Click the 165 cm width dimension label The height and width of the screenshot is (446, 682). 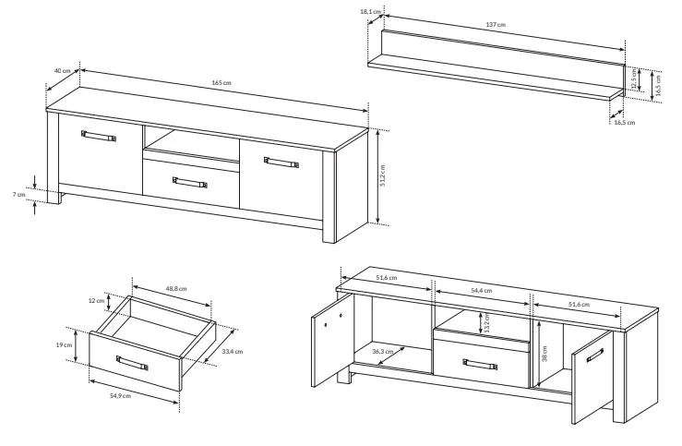pos(221,83)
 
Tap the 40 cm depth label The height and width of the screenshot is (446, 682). pos(62,71)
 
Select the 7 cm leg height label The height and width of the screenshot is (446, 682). pos(18,195)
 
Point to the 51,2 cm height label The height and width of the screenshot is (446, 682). pos(382,175)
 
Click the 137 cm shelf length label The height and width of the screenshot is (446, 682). pos(496,24)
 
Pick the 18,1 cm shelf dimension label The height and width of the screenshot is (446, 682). pos(371,12)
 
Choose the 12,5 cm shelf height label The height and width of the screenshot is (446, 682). pos(634,78)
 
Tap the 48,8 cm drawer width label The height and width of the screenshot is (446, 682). pos(176,288)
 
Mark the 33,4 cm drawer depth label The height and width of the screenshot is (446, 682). pos(233,352)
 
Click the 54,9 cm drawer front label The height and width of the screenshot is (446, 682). pos(120,395)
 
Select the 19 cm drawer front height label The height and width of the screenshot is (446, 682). pos(64,345)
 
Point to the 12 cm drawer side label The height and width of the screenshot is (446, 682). pos(96,300)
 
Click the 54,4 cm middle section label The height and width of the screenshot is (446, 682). pos(482,290)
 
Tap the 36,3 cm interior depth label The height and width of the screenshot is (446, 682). pos(383,351)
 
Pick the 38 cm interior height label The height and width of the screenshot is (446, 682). pos(544,353)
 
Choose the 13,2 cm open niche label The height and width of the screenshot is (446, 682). pos(487,323)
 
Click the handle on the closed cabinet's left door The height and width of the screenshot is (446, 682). pos(99,136)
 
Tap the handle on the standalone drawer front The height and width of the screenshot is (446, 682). pos(132,363)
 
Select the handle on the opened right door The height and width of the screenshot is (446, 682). pos(595,356)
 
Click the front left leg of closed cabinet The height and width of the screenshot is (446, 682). pos(54,197)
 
